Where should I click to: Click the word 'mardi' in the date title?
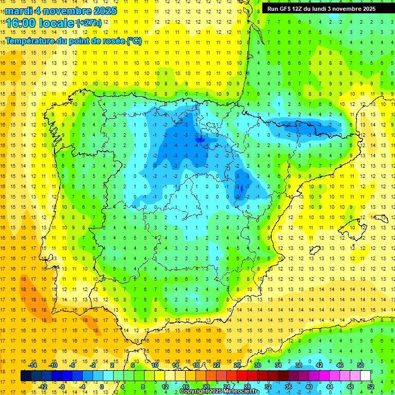19,11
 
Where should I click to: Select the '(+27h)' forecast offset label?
89,23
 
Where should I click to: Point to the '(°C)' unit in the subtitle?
134,41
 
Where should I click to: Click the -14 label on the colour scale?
33,365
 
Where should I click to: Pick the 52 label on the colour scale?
371,387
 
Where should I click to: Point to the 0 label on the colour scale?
102,387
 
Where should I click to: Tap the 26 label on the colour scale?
237,365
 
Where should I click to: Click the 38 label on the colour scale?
298,365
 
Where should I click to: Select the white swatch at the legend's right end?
366,375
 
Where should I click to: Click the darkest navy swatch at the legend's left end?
26,375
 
